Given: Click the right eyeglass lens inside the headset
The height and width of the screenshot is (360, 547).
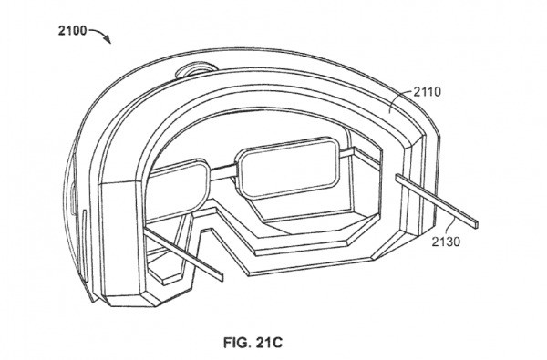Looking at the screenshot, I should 284,163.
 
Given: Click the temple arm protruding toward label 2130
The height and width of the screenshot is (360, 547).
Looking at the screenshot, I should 438,199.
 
